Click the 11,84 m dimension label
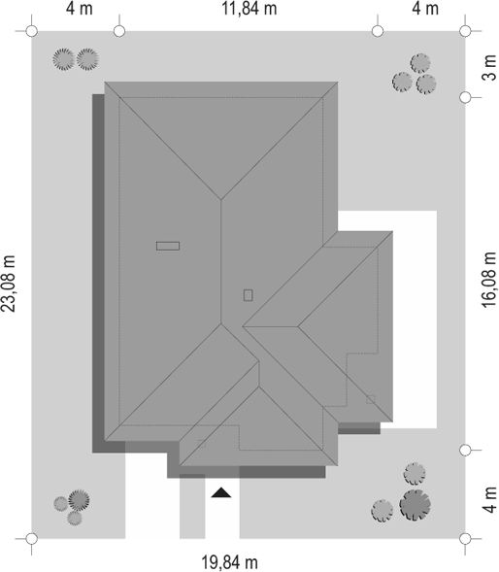(x=249, y=9)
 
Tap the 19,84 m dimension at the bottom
(x=230, y=562)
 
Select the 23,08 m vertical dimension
(x=9, y=284)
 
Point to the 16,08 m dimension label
(x=490, y=280)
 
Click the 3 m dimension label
(x=490, y=68)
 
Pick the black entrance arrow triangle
(x=221, y=492)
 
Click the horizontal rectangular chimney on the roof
(x=168, y=246)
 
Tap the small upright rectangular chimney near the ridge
(x=248, y=295)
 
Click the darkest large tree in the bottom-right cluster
(x=416, y=505)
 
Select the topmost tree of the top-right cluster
(x=420, y=63)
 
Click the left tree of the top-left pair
(x=64, y=59)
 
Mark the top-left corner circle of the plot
(x=32, y=31)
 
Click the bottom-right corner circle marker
(x=465, y=538)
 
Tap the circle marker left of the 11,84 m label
(x=119, y=31)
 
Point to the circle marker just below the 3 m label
(x=465, y=97)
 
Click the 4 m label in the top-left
(x=80, y=9)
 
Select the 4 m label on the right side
(x=490, y=500)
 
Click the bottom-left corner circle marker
(x=32, y=538)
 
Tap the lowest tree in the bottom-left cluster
(x=75, y=518)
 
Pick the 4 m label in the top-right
(x=425, y=9)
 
